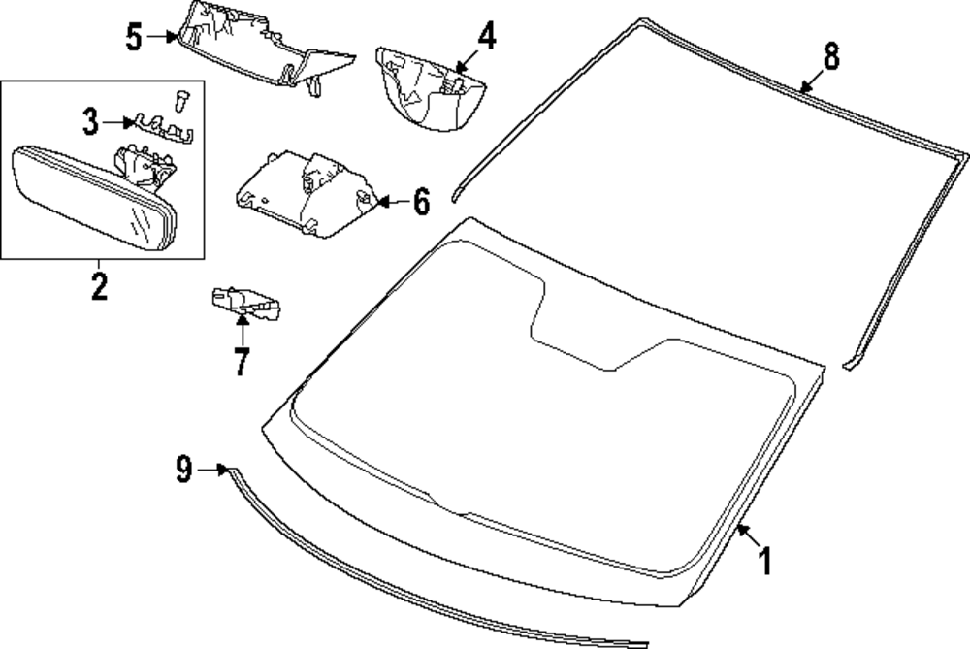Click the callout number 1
coord(764,561)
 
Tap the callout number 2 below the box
coord(99,286)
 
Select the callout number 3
coord(90,122)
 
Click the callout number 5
coord(135,38)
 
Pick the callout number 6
coord(420,202)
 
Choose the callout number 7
coord(241,361)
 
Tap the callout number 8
coord(831,56)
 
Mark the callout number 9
coord(184,471)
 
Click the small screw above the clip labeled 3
coord(181,99)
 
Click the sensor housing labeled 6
coord(306,192)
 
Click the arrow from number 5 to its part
coord(163,38)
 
